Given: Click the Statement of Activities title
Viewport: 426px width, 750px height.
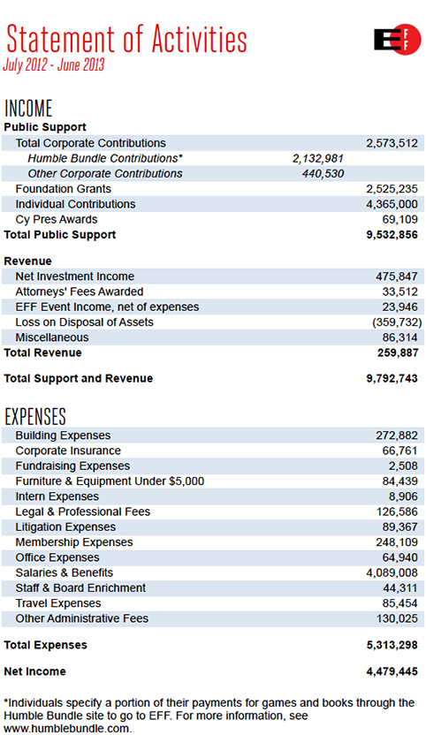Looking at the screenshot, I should tap(126, 39).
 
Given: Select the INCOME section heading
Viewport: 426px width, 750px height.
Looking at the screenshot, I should tap(28, 109).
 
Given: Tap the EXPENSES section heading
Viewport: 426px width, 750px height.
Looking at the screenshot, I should tap(35, 416).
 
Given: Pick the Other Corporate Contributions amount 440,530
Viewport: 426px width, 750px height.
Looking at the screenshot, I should tap(323, 173).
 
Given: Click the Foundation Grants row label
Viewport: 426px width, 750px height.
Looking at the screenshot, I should tap(64, 189).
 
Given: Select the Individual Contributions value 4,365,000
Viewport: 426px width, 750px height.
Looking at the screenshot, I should tap(392, 204).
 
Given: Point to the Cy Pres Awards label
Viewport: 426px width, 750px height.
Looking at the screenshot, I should tap(57, 219).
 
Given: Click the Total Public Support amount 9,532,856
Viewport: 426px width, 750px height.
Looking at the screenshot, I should tap(390, 235).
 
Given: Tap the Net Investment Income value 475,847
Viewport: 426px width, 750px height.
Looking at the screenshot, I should tap(397, 277).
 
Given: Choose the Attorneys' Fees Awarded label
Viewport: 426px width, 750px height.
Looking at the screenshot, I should tap(80, 292).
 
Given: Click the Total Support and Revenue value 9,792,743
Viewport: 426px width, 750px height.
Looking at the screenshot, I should tap(390, 378).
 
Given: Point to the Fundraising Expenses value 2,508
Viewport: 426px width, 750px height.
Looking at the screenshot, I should tap(404, 466).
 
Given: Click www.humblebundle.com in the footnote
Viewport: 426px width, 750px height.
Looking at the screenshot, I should tap(68, 729).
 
